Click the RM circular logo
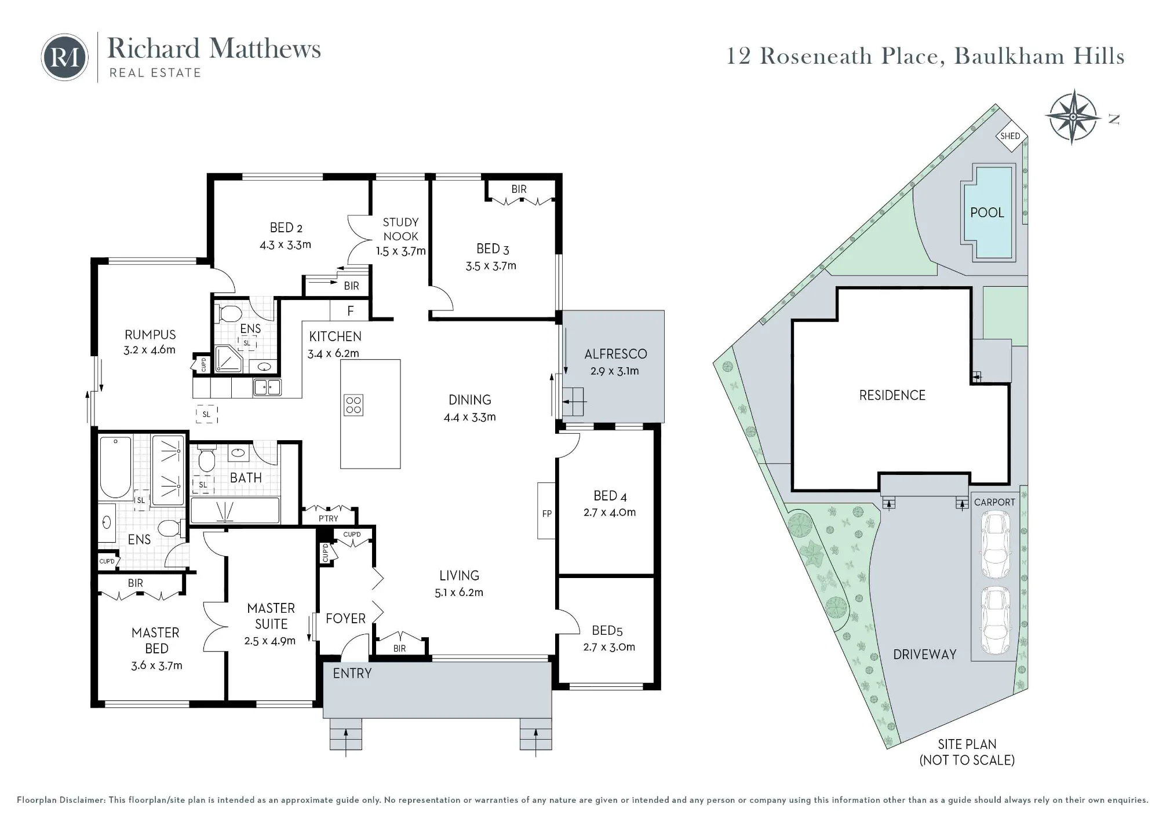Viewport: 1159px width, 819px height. [65, 57]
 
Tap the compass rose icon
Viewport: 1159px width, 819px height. [1073, 117]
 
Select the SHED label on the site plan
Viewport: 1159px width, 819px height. [1010, 136]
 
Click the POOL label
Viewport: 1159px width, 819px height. [987, 213]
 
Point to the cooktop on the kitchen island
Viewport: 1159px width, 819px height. [353, 405]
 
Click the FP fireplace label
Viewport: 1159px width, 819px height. [546, 514]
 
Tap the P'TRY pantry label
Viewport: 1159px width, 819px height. [328, 518]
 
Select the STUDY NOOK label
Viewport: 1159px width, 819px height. [400, 229]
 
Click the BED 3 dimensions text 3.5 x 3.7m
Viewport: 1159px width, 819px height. [491, 266]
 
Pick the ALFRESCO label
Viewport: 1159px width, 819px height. [615, 354]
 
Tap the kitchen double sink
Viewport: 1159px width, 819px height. [267, 387]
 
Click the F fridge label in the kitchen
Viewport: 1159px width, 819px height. [350, 311]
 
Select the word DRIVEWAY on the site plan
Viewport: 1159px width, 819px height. [924, 655]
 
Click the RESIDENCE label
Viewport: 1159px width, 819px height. [892, 396]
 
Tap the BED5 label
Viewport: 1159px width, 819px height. [607, 630]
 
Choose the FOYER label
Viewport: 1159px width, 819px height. [345, 619]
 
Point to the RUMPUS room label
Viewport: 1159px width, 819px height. [150, 335]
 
